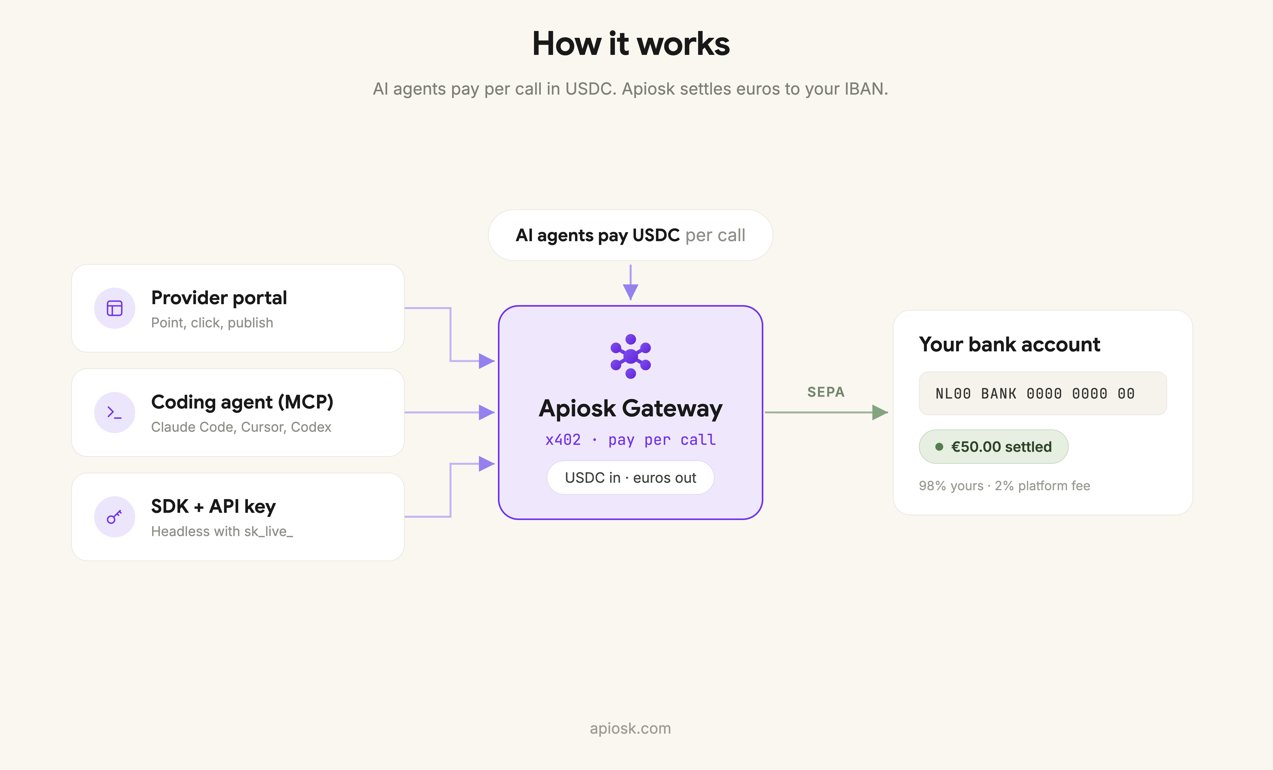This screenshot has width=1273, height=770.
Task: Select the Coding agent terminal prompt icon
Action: coord(114,412)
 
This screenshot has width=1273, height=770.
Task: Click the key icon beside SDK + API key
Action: coord(114,517)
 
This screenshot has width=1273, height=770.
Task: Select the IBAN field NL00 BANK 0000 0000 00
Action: coord(1043,393)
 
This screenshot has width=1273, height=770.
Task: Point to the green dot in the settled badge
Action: coord(939,446)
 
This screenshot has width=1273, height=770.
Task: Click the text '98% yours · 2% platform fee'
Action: coord(1004,486)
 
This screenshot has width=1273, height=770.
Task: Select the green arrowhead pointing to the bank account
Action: coord(880,412)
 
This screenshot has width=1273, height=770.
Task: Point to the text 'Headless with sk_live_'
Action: coord(222,531)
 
